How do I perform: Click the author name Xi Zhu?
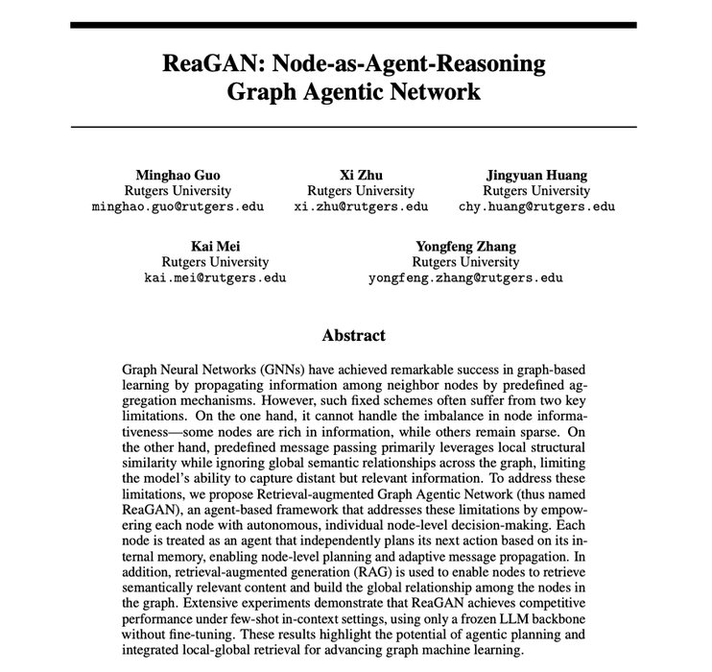[x=354, y=175]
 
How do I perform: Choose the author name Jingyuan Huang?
[x=536, y=175]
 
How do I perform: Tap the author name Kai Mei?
[x=214, y=247]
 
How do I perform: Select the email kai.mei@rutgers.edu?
[x=214, y=278]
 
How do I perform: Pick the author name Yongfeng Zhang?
[x=464, y=247]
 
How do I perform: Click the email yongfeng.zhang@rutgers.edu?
[x=464, y=278]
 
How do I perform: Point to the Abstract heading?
[x=354, y=336]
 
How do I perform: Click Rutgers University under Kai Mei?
[x=214, y=262]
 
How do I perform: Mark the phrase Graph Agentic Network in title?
[x=354, y=94]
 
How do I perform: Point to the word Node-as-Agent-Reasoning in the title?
[x=408, y=65]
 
